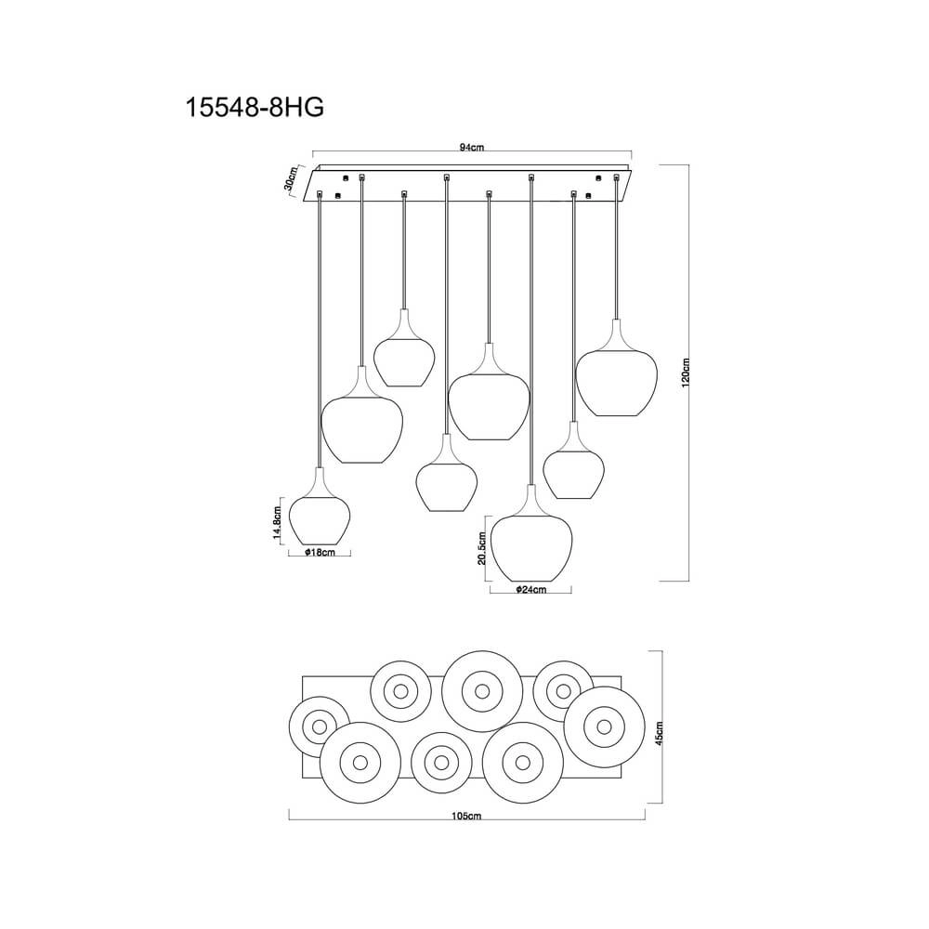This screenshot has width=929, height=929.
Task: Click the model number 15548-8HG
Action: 255,107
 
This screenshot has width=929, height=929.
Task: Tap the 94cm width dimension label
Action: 472,148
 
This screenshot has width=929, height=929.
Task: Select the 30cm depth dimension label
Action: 290,178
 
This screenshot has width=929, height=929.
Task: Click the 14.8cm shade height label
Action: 277,521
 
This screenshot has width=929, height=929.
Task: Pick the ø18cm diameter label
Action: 320,553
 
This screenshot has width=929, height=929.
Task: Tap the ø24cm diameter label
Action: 530,590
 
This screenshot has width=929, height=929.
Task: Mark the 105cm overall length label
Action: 466,816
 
